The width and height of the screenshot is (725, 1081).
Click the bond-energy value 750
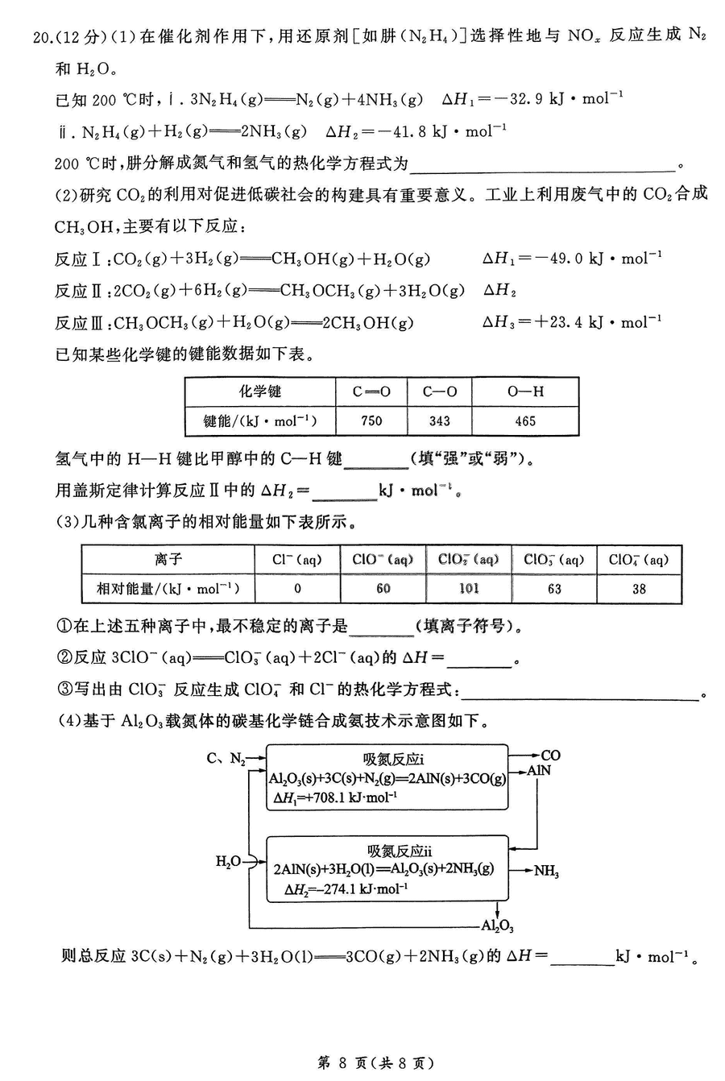click(x=371, y=420)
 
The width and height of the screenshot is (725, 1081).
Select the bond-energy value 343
click(x=440, y=420)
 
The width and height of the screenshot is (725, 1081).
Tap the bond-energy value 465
click(x=525, y=420)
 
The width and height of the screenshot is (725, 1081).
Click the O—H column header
click(x=525, y=391)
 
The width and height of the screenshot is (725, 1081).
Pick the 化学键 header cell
click(x=260, y=391)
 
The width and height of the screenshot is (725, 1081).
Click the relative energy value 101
click(x=469, y=588)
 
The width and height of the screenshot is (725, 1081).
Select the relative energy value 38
click(x=639, y=588)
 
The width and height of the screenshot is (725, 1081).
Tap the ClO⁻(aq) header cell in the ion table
click(x=383, y=560)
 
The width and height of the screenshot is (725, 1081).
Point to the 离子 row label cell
click(x=168, y=560)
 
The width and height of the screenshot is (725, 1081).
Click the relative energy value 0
click(x=297, y=588)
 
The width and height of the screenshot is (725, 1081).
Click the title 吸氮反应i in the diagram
click(x=393, y=759)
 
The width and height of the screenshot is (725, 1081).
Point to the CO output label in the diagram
click(x=550, y=756)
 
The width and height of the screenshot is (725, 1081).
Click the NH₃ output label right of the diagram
click(x=547, y=871)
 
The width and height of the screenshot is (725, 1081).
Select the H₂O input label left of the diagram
click(x=228, y=862)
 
